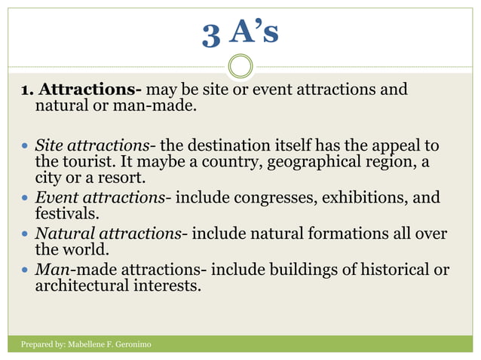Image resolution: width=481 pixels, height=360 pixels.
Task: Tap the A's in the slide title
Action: [253, 32]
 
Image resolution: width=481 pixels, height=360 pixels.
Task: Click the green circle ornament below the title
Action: [240, 67]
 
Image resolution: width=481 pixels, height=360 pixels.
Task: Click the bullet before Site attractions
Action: [26, 146]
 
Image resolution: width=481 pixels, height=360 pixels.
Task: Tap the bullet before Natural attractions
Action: [26, 235]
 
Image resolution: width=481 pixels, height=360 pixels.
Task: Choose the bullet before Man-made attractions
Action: [26, 270]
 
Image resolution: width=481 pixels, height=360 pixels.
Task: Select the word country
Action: [290, 163]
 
